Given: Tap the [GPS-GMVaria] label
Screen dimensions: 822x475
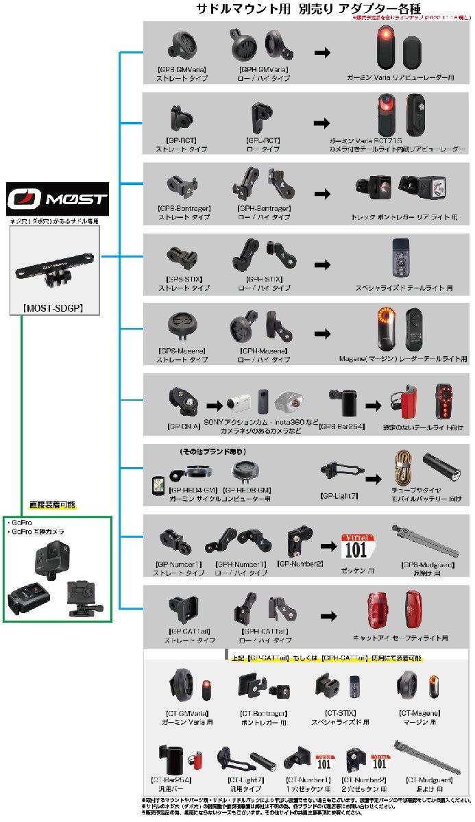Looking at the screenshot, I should [x=182, y=69].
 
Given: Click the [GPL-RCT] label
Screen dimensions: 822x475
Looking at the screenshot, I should [x=262, y=140].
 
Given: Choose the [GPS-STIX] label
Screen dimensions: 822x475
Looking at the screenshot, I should [x=182, y=279].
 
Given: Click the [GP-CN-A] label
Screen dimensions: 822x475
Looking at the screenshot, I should [x=183, y=425].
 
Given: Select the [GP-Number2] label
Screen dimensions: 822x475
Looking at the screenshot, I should [x=299, y=563].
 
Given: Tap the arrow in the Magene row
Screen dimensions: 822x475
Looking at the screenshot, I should [x=321, y=334].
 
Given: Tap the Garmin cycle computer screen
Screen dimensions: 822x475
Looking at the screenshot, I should [x=157, y=484].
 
